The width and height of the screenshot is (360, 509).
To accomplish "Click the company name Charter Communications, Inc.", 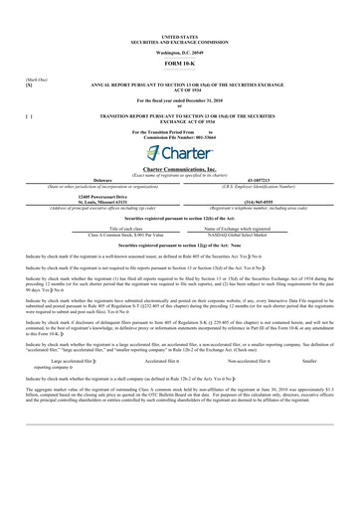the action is [x=180, y=170].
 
